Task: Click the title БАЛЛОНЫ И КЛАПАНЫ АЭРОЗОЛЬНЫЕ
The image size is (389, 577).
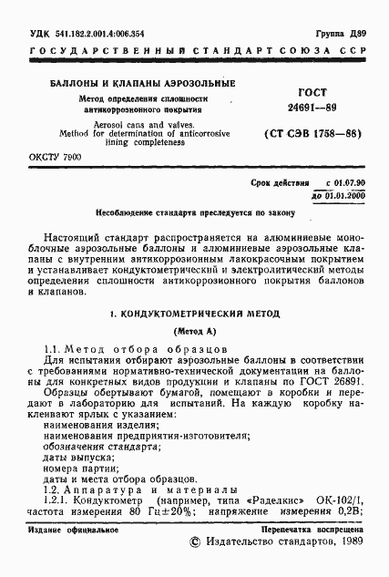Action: [128, 84]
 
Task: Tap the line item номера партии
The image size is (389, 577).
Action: [77, 466]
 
